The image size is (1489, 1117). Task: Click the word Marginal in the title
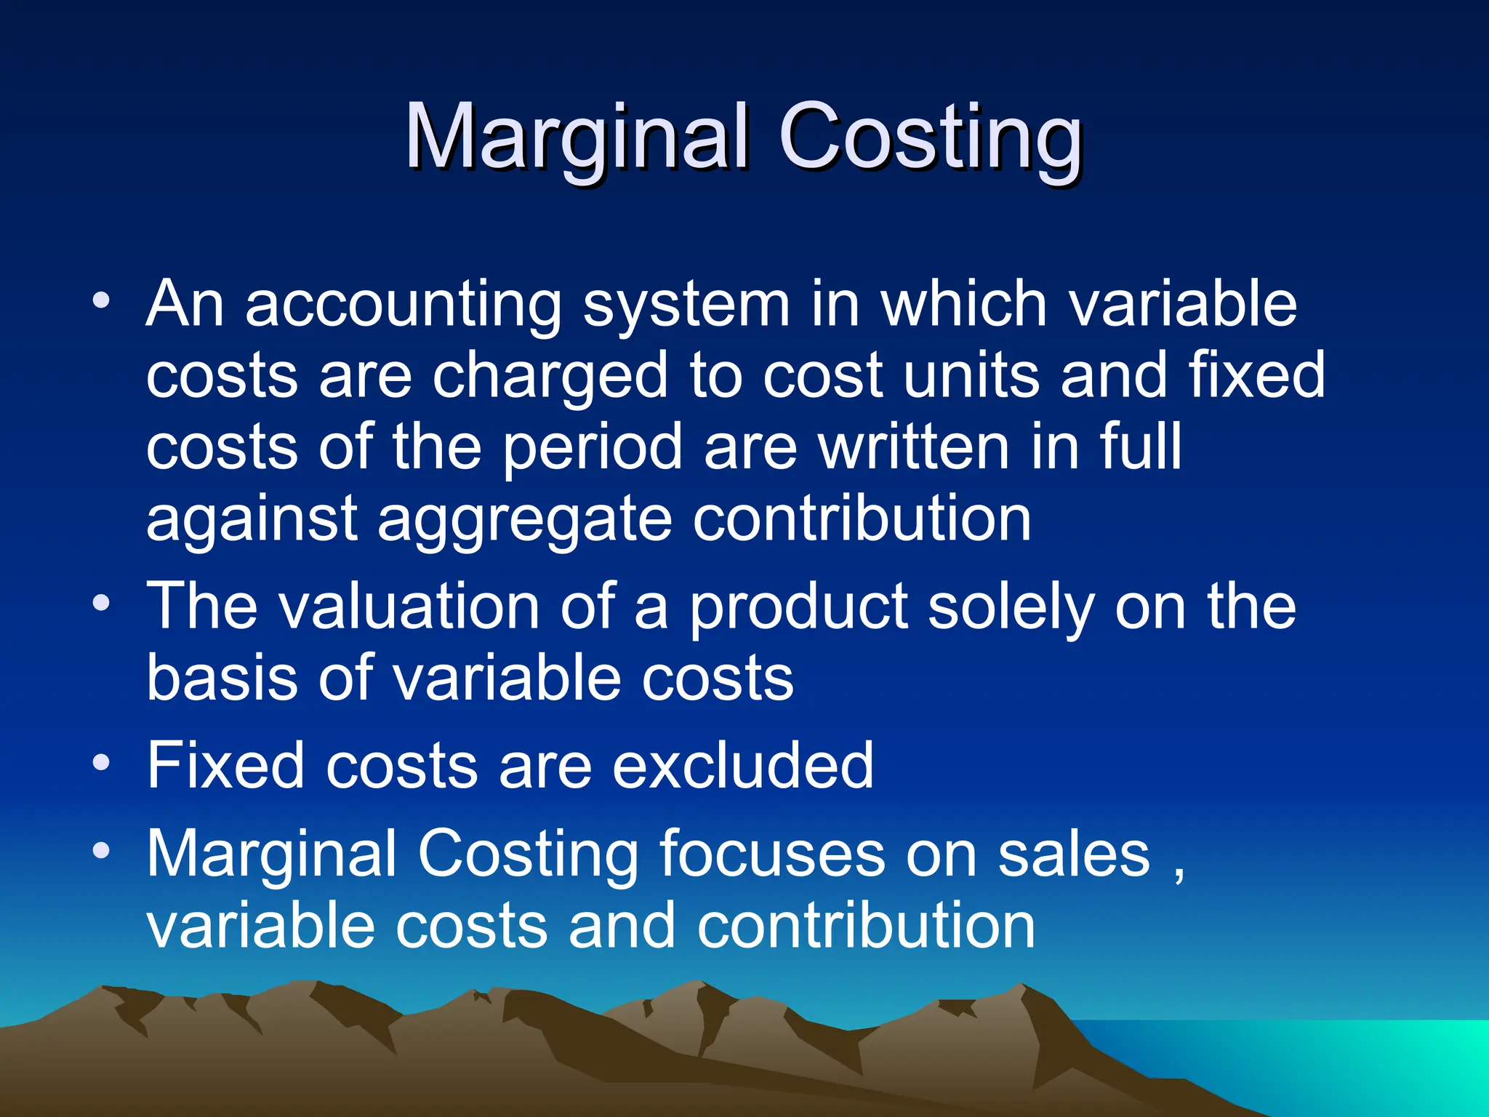[x=577, y=136]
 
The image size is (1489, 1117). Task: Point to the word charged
[x=550, y=375]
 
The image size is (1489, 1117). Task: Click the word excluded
[x=742, y=764]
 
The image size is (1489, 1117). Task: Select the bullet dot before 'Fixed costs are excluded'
[x=102, y=762]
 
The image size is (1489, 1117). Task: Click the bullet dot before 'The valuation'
[x=102, y=603]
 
